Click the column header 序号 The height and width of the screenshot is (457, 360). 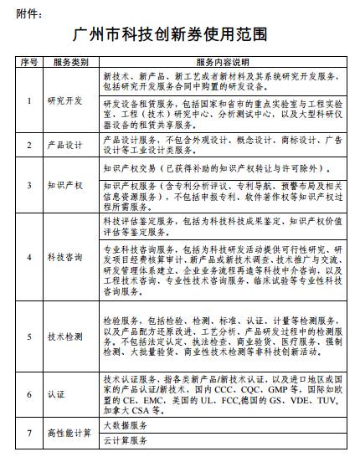point(29,61)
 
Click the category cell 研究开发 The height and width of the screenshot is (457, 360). point(69,101)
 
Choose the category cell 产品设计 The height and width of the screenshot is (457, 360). point(69,145)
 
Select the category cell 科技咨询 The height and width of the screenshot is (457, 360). point(69,257)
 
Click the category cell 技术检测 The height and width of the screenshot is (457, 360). point(69,336)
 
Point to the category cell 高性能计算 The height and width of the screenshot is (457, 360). point(69,433)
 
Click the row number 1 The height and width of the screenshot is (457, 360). point(29,101)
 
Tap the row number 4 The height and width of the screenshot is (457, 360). point(29,257)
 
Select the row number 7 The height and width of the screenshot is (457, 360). point(29,433)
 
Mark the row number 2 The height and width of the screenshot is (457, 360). point(29,145)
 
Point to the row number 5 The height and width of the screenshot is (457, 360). point(29,336)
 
